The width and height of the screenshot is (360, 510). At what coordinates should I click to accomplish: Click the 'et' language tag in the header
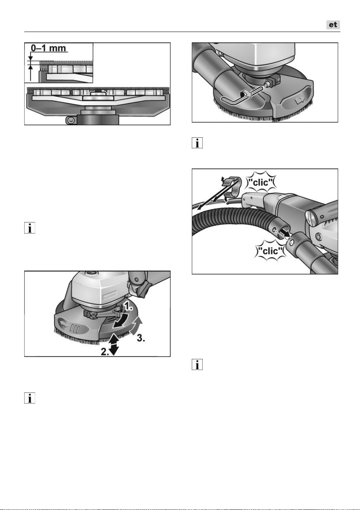333,25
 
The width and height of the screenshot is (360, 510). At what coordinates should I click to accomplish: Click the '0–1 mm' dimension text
48,48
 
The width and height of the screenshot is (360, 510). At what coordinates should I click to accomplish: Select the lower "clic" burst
270,251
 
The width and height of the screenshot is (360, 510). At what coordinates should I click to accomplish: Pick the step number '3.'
141,338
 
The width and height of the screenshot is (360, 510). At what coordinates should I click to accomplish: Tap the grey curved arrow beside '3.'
136,326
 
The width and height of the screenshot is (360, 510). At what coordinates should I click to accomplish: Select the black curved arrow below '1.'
121,320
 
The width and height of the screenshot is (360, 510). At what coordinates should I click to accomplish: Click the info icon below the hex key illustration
197,143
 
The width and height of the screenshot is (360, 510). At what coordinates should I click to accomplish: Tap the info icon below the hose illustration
197,365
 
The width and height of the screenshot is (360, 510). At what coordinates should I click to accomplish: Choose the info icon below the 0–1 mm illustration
30,228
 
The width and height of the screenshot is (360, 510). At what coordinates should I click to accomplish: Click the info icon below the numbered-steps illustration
30,398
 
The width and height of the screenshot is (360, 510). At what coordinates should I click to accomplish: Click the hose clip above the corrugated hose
230,189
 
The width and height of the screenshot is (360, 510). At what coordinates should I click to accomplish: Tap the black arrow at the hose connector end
286,233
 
